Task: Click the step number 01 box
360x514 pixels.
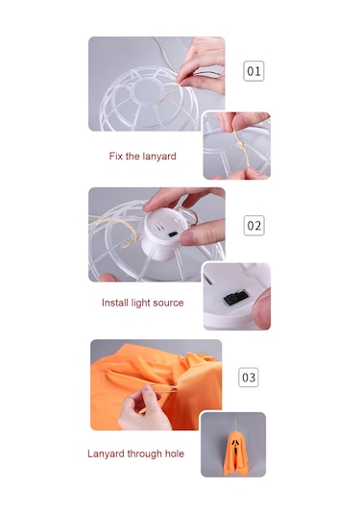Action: tap(253, 71)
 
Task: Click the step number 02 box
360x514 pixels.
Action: tap(253, 225)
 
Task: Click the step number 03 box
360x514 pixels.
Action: tap(249, 377)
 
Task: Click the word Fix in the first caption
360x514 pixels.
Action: tap(115, 156)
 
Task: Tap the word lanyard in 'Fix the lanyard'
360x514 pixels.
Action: tap(159, 157)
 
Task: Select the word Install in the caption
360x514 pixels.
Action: tap(115, 303)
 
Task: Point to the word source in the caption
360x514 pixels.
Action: tap(168, 303)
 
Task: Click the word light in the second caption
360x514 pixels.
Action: tap(140, 303)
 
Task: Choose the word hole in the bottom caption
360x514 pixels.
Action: tap(175, 453)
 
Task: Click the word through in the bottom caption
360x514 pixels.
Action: tap(144, 454)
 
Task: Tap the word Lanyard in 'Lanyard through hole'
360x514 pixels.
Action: tap(106, 454)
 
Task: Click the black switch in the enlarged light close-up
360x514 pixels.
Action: tap(236, 297)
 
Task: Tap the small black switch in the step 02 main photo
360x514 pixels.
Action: tap(173, 234)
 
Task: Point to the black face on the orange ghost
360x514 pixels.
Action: tap(235, 446)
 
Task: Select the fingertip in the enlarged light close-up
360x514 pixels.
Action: tap(262, 308)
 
